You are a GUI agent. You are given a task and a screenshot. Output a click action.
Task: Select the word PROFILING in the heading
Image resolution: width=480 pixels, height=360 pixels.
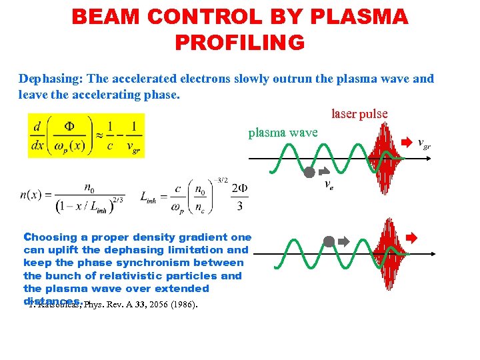click(x=239, y=43)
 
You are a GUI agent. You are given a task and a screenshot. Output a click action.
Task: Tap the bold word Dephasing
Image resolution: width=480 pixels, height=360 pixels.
click(x=50, y=79)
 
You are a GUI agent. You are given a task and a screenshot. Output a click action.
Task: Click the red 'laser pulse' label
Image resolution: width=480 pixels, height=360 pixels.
click(x=359, y=114)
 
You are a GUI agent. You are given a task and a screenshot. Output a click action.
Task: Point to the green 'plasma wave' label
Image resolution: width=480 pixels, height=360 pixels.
click(x=283, y=133)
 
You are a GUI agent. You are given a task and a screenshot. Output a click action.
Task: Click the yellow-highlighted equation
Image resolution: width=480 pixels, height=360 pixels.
click(x=86, y=136)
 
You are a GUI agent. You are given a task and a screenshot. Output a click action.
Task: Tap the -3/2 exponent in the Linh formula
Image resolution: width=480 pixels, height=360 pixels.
click(x=221, y=179)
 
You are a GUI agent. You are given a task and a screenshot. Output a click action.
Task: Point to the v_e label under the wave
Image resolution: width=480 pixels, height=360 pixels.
click(x=328, y=185)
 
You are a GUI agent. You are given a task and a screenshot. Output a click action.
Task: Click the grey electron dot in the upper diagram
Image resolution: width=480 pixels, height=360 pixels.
click(x=309, y=173)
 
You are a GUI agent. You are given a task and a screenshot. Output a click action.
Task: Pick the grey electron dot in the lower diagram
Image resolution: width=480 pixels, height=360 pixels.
click(x=329, y=241)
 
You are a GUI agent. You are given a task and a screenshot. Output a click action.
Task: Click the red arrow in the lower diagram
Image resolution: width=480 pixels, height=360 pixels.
click(x=412, y=237)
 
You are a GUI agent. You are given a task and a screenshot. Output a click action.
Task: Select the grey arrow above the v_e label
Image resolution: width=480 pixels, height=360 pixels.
click(x=323, y=171)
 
